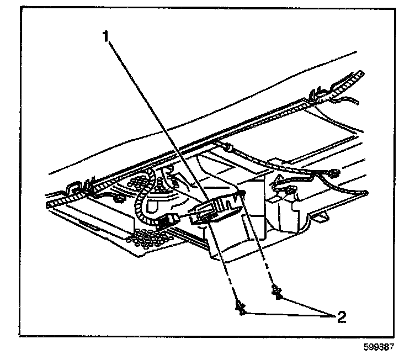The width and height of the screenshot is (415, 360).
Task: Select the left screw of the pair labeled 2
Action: (x=241, y=307)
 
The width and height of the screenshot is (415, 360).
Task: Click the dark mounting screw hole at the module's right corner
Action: (x=242, y=192)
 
